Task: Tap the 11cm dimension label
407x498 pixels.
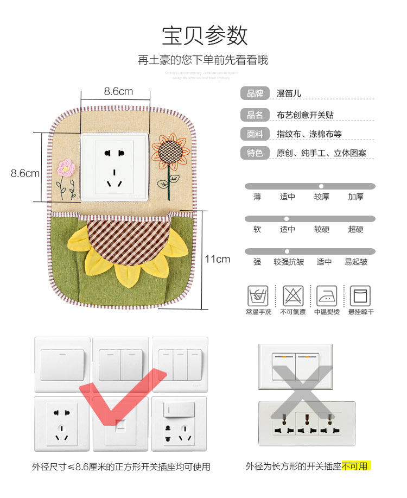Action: point(217,259)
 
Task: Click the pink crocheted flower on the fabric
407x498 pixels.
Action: point(66,168)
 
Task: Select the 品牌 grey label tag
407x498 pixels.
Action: point(255,93)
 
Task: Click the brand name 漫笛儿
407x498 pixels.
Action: point(289,93)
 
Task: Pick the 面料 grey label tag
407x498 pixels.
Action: point(255,134)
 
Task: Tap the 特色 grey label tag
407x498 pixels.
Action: point(255,153)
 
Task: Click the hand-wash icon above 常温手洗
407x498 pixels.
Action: point(258,297)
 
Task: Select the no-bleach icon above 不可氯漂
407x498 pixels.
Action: point(292,297)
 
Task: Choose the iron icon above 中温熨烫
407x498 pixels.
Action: point(327,297)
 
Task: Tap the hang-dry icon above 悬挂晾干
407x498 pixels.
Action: point(360,297)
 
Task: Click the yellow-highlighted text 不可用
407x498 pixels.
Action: point(355,466)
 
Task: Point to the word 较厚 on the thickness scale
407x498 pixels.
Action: point(321,197)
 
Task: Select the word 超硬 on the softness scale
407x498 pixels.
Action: point(355,229)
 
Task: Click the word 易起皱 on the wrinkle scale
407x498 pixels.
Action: point(355,262)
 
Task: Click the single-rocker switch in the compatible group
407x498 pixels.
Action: point(62,364)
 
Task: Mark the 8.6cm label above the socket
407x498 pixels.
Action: point(118,91)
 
